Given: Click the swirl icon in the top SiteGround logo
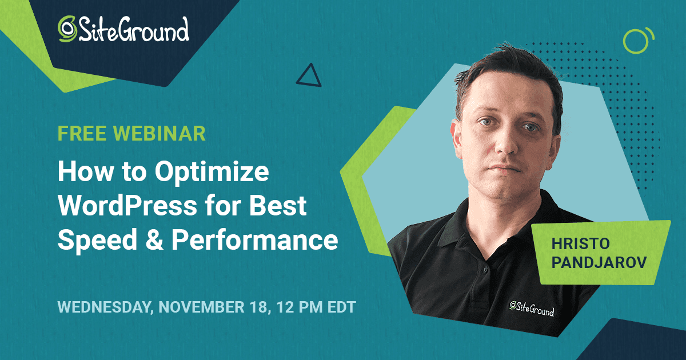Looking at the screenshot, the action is (67, 29).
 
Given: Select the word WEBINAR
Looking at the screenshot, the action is (159, 134).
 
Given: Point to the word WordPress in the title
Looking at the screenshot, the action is (127, 205).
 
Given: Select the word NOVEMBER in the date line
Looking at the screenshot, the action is (201, 307).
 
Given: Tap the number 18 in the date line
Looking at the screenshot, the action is (260, 307).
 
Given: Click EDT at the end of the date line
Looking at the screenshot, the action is (341, 307).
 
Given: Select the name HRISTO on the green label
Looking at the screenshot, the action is (581, 243).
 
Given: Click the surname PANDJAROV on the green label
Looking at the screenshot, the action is (599, 262).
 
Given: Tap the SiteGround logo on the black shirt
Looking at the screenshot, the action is (532, 308).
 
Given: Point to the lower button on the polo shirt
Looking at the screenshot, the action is (485, 270).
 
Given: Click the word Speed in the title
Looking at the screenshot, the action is (97, 241).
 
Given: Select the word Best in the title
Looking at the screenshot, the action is (278, 205).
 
